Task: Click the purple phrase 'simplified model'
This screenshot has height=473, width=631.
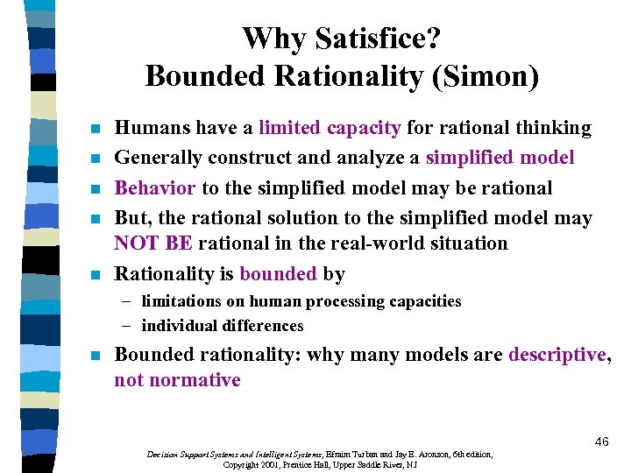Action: click(500, 158)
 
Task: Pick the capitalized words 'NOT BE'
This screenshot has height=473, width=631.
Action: click(153, 243)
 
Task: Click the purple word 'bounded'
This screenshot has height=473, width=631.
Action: click(278, 273)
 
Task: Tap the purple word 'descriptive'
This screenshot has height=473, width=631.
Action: click(557, 355)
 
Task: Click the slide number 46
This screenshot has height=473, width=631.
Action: click(600, 441)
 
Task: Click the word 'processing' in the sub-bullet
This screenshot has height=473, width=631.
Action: click(346, 301)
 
